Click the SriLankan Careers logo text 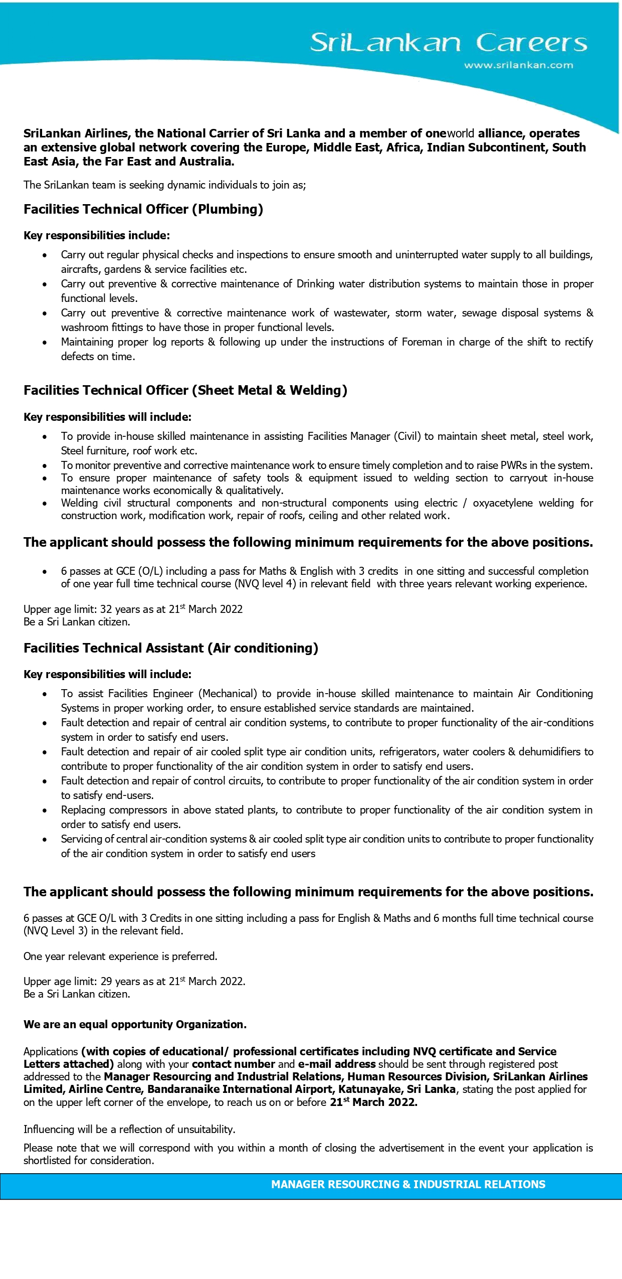448,43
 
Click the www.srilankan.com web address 518,65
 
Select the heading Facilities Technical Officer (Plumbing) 143,209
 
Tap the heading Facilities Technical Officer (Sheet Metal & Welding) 185,390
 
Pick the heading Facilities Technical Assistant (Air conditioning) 171,648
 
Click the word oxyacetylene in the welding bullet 503,503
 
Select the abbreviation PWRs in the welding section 513,465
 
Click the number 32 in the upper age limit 106,609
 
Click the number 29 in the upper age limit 106,981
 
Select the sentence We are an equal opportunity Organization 135,1024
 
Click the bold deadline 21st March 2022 373,1102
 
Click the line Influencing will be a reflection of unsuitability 129,1129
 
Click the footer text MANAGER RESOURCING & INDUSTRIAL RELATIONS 408,1184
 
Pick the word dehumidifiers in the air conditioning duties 550,752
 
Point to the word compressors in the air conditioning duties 138,810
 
